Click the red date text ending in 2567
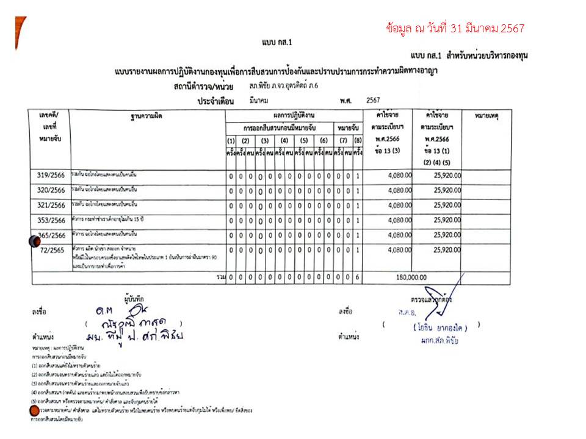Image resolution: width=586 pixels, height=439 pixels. [455, 28]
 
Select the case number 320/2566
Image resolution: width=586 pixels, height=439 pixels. [52, 190]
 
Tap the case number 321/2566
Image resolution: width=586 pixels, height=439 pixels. [52, 205]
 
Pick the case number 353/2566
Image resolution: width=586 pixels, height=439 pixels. [52, 220]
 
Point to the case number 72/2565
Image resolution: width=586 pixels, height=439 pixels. [52, 250]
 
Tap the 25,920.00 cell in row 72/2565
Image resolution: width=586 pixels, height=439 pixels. [447, 249]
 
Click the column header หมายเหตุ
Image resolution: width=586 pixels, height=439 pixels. [487, 115]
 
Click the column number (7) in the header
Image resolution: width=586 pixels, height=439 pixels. [343, 141]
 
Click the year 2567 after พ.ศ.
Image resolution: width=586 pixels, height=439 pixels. [374, 99]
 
